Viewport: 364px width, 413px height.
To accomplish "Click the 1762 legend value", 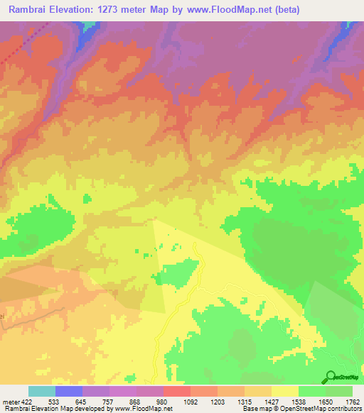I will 353,402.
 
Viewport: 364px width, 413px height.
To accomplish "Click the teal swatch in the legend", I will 42,391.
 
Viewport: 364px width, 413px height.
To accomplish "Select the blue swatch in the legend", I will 69,391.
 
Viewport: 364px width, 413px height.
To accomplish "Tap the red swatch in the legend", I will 177,391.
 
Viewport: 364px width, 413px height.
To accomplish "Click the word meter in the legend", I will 11,402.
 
